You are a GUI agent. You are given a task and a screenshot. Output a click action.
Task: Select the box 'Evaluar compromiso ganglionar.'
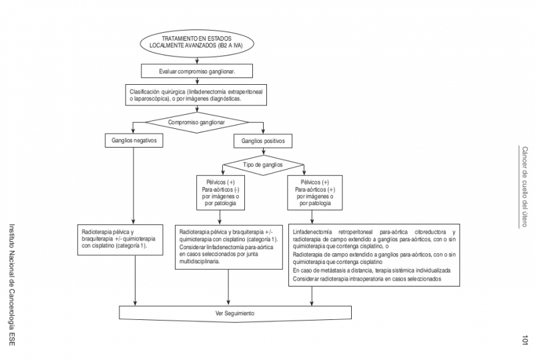click(196, 70)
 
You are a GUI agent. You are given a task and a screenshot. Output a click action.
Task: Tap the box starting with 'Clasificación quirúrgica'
click(196, 95)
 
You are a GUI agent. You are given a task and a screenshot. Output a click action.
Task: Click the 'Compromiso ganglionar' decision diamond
click(196, 123)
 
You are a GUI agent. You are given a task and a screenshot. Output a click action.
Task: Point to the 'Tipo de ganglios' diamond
click(262, 164)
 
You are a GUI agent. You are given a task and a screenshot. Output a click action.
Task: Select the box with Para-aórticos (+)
click(315, 192)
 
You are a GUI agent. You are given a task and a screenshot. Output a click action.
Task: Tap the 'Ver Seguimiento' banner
click(234, 313)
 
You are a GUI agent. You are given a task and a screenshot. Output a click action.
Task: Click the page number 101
click(525, 341)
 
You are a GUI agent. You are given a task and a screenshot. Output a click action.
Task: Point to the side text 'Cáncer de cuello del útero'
click(525, 186)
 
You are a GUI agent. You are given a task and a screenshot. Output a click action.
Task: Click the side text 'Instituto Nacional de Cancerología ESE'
click(9, 284)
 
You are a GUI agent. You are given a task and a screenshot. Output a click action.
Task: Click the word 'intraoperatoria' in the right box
click(366, 279)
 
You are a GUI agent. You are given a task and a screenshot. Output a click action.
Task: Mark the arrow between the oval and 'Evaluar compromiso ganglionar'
click(197, 60)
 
